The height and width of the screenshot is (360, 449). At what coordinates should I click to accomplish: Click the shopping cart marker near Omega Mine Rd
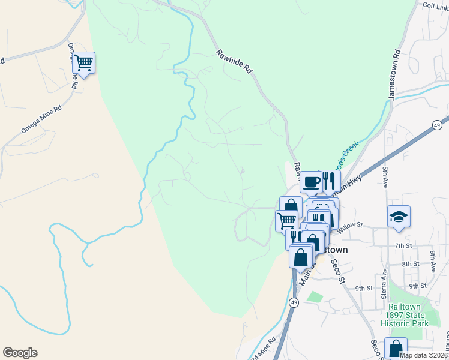[84, 62]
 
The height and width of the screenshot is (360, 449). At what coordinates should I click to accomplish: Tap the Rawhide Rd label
[235, 62]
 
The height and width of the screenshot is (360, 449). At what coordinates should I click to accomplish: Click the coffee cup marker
[311, 181]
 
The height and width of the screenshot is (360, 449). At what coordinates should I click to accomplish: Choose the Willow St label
[351, 225]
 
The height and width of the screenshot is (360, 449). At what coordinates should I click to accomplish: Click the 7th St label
[403, 246]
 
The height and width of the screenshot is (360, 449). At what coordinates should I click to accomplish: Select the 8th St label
[411, 264]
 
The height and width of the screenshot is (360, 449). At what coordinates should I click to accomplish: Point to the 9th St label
[364, 289]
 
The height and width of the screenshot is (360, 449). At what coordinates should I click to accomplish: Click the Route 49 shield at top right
[437, 124]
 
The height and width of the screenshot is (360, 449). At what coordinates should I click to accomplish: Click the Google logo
[20, 353]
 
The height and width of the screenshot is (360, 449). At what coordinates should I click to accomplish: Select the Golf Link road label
[435, 5]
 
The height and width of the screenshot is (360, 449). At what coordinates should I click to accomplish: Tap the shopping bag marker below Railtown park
[396, 348]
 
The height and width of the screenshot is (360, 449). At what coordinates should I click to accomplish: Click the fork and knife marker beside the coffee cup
[328, 179]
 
